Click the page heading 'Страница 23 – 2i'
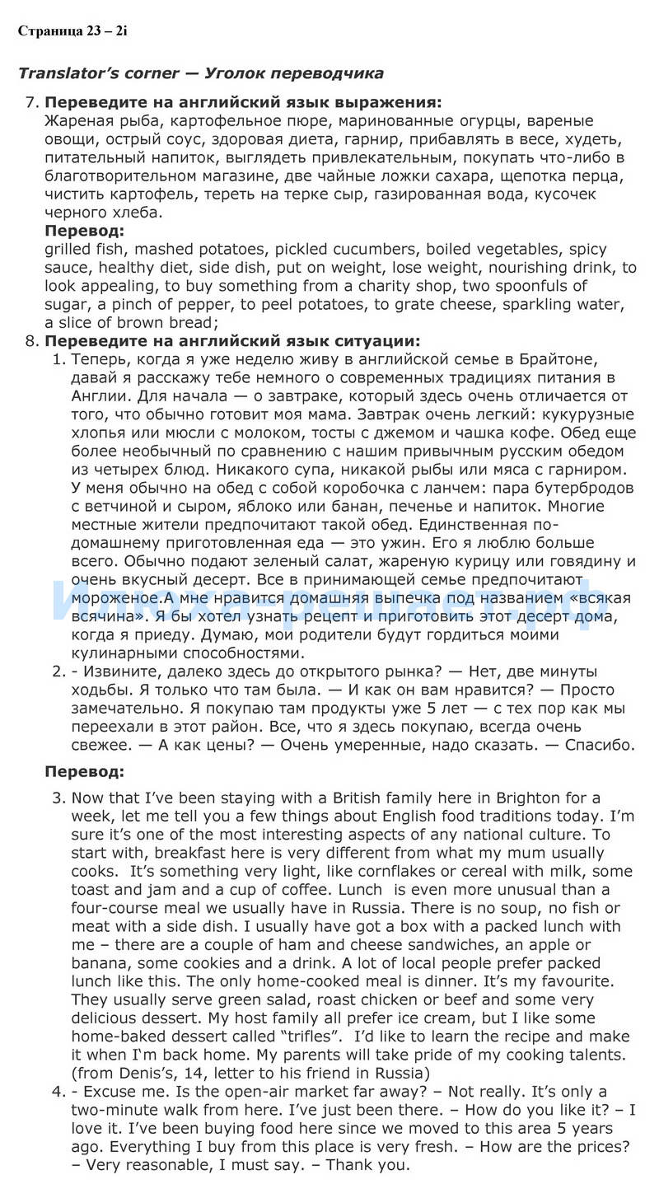click(72, 31)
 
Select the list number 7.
click(32, 103)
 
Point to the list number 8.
click(32, 341)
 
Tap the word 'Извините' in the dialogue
click(120, 672)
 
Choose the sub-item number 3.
click(58, 798)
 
